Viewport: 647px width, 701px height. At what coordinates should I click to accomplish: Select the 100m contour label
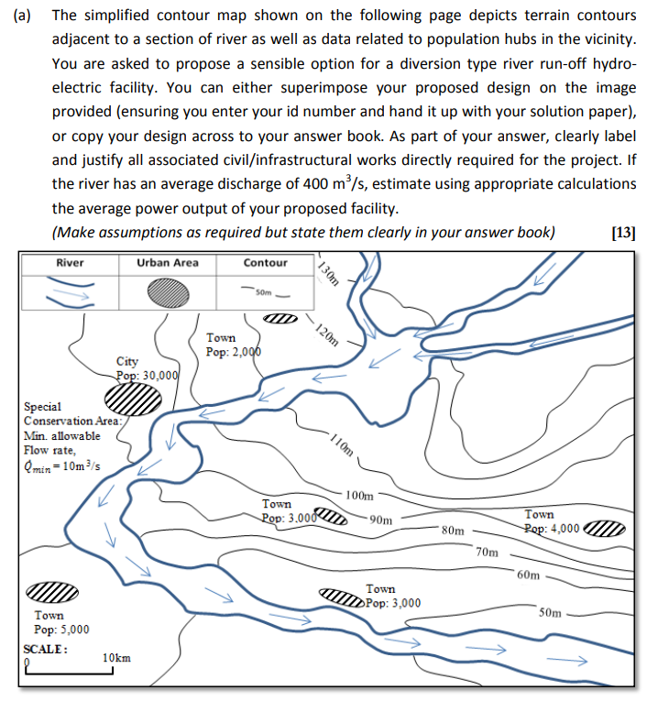(360, 496)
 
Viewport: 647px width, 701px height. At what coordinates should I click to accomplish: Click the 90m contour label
(382, 520)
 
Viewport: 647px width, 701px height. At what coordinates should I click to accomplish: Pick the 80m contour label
(453, 530)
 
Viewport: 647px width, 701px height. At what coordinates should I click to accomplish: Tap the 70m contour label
(488, 552)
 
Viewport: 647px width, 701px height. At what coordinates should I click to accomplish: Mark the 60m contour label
(529, 575)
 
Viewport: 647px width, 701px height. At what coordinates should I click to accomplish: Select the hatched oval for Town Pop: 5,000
(54, 593)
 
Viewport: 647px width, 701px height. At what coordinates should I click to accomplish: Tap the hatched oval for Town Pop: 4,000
(604, 530)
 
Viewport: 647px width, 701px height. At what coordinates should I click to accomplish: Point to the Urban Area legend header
(167, 263)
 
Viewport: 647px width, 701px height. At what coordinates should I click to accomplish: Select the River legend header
(70, 263)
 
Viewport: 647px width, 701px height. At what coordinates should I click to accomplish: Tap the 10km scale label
(117, 658)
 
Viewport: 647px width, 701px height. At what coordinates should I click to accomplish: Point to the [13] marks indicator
(622, 232)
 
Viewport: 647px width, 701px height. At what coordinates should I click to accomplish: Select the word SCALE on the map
(46, 647)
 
